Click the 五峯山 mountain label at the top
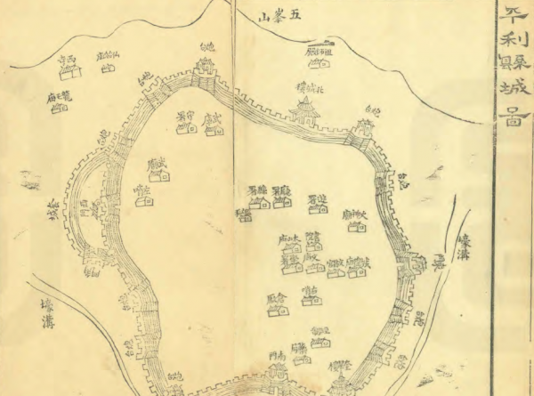[279, 16]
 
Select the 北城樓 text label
[305, 87]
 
